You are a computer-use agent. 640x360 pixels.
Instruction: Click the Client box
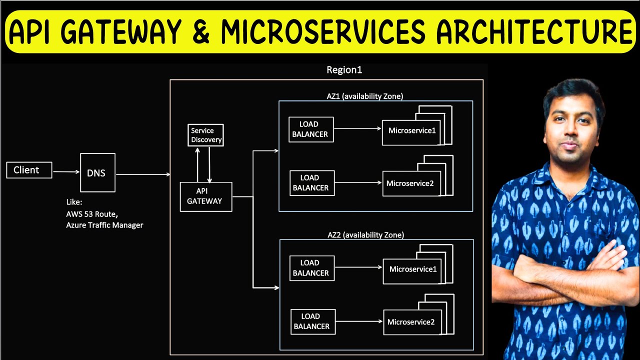tap(29, 170)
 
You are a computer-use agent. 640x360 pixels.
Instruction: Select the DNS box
tap(97, 172)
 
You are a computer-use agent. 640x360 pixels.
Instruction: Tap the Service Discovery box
tap(205, 135)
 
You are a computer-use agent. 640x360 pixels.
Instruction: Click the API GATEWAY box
tap(205, 196)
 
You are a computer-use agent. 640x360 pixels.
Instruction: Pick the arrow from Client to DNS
tap(66, 171)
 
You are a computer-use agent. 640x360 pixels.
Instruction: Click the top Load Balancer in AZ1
tap(311, 129)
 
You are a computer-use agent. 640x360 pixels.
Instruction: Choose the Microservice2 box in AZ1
tap(412, 183)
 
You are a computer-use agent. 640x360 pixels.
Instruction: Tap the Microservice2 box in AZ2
tap(413, 322)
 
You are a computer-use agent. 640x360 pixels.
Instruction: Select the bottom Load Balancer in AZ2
tap(312, 321)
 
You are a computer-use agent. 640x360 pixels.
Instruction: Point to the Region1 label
tap(344, 70)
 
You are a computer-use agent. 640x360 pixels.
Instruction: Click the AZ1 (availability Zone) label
tap(364, 96)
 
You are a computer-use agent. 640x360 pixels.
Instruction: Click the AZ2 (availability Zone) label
tap(365, 234)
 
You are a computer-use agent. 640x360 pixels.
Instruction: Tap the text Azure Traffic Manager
tap(104, 225)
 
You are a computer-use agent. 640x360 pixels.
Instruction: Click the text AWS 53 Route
tap(92, 213)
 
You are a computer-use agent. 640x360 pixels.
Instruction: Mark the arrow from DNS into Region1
tap(143, 174)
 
